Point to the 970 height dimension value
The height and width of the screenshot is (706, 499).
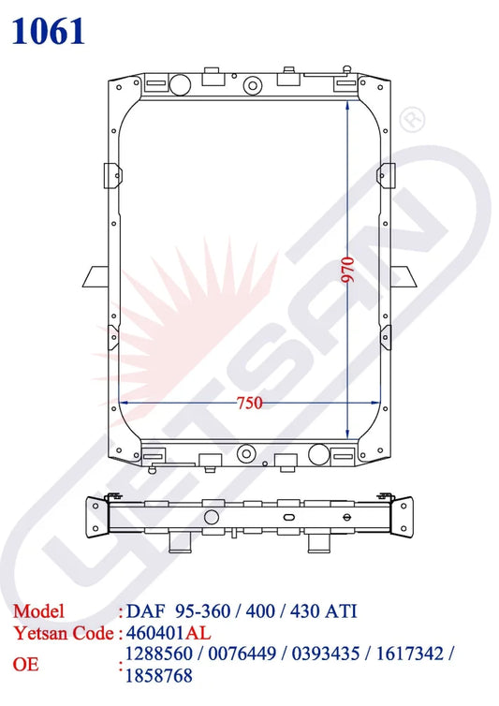click(x=347, y=269)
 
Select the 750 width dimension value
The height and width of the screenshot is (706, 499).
click(x=249, y=404)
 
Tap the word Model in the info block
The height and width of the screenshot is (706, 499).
click(x=38, y=611)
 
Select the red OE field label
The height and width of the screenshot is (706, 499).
click(x=25, y=664)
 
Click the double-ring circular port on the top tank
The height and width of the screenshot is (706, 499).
click(x=251, y=86)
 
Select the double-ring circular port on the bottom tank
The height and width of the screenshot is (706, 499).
click(x=247, y=450)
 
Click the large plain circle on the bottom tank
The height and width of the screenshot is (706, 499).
click(x=319, y=455)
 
